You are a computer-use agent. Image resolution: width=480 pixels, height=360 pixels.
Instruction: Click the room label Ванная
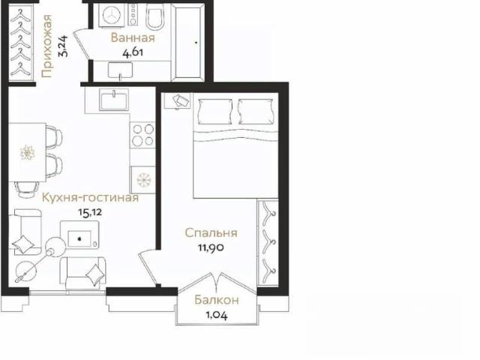133,38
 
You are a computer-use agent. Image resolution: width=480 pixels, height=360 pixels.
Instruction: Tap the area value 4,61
133,53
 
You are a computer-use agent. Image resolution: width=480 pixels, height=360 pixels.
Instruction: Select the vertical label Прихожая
46,46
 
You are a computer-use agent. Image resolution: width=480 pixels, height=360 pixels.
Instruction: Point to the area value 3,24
63,46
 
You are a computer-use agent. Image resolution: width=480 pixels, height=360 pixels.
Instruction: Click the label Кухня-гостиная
90,198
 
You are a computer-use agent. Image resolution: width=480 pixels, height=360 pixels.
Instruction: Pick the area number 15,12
90,212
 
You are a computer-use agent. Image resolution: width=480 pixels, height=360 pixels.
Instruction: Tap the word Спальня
211,233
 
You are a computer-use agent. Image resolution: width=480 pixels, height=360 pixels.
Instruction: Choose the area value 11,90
211,247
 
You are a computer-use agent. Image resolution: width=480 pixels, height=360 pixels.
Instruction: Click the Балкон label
217,300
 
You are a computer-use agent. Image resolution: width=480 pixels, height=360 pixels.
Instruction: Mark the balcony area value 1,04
217,315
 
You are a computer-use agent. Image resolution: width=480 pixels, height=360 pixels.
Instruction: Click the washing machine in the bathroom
112,15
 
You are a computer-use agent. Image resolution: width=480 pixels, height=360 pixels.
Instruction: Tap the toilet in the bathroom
155,17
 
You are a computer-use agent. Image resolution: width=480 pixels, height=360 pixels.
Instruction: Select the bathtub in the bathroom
189,42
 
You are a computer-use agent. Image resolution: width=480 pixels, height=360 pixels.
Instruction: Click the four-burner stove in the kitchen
142,135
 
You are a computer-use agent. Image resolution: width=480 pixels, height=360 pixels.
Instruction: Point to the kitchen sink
113,100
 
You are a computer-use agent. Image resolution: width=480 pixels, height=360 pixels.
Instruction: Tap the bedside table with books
178,100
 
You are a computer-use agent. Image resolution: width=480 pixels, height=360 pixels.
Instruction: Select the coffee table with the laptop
79,235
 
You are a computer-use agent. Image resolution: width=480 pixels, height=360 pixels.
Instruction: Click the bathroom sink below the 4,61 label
120,70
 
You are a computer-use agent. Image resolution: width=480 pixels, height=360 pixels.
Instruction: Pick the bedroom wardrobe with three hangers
268,243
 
